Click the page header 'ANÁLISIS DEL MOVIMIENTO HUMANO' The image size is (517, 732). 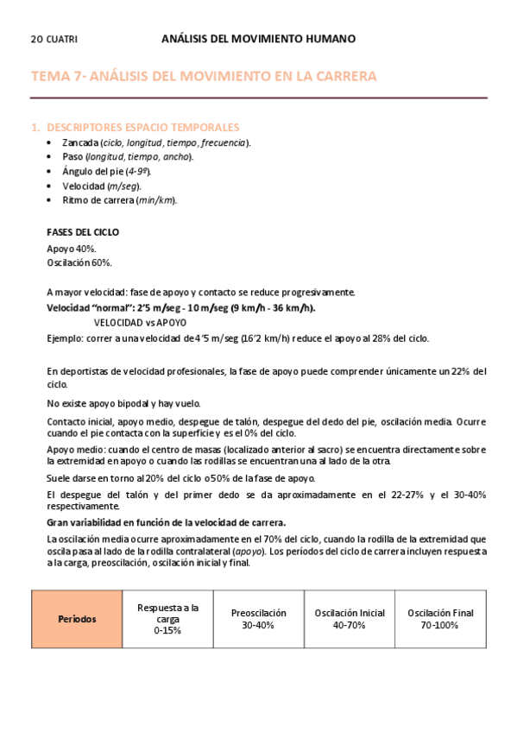[258, 39]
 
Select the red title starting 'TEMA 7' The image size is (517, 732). [204, 77]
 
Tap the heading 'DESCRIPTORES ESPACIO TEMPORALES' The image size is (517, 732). [142, 127]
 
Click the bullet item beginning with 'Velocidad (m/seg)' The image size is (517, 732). [102, 186]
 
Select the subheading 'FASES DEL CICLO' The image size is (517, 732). [83, 232]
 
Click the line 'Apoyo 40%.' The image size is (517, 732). [72, 249]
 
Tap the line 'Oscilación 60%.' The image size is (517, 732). [79, 263]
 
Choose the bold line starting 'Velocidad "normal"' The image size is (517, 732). [181, 308]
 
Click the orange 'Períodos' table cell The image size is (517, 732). [77, 619]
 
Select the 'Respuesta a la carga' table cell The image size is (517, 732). [167, 619]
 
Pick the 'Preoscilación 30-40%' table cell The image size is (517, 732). [258, 619]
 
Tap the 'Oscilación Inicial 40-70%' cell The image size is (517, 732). [350, 619]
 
